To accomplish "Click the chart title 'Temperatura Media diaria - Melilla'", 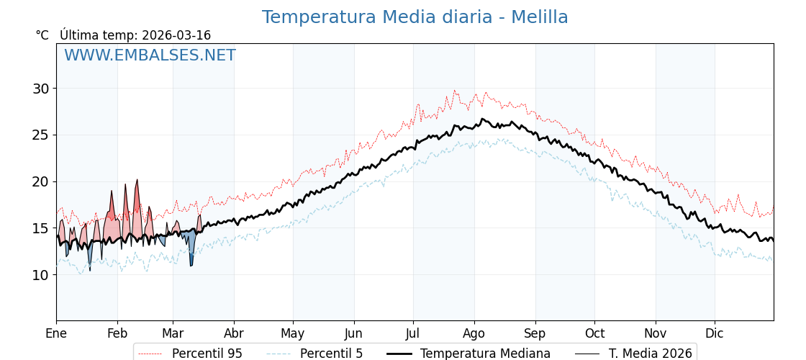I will pos(415,17).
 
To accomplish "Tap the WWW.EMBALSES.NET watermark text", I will pos(150,55).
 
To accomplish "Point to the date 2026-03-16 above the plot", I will pos(176,35).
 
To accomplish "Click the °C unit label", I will pos(42,35).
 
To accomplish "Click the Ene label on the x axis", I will pos(56,333).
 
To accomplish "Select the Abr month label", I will pos(234,333).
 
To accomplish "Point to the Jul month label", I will pos(413,333).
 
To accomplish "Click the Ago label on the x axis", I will pos(474,333).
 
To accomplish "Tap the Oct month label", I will pos(594,333).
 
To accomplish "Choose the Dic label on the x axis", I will pos(715,333).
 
